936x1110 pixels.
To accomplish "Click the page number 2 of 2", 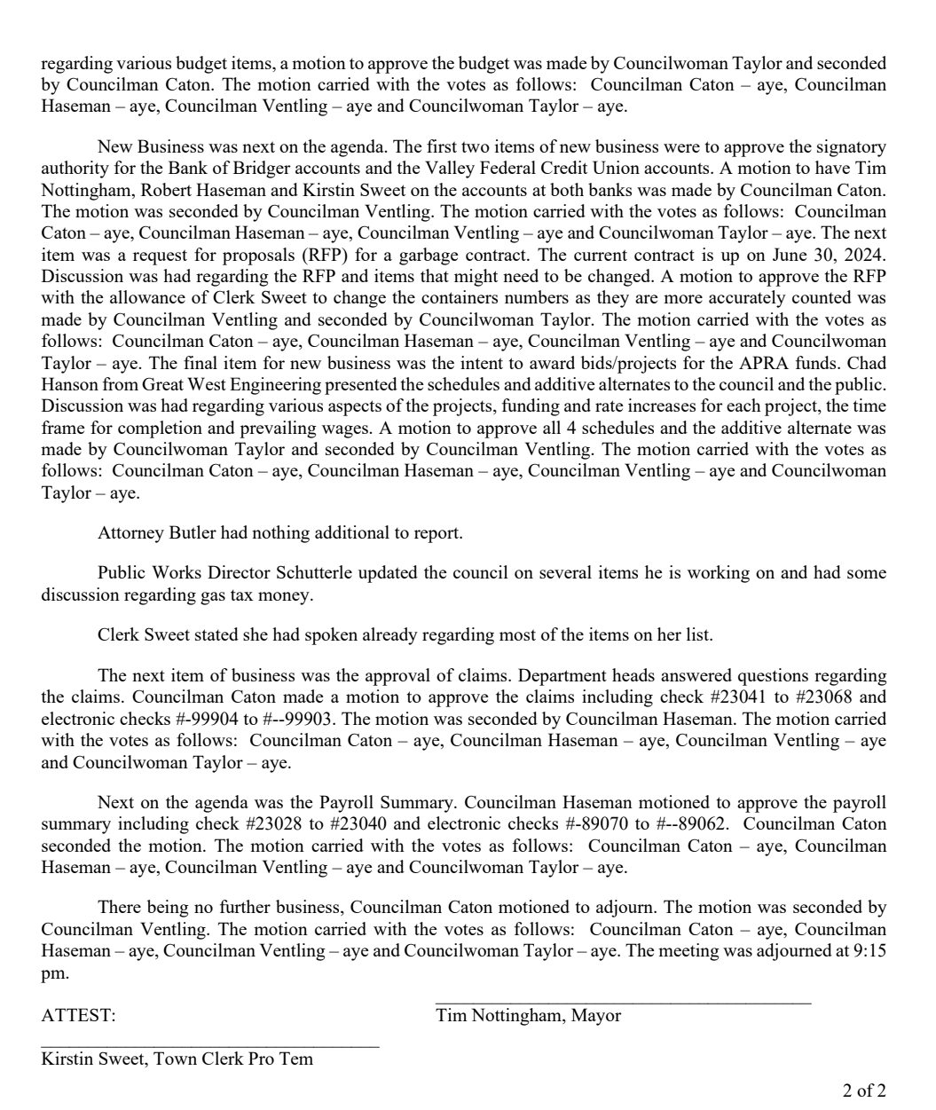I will [x=864, y=1090].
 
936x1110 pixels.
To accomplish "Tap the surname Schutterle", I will [x=366, y=572].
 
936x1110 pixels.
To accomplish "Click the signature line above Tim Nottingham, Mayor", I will [x=623, y=1004].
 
